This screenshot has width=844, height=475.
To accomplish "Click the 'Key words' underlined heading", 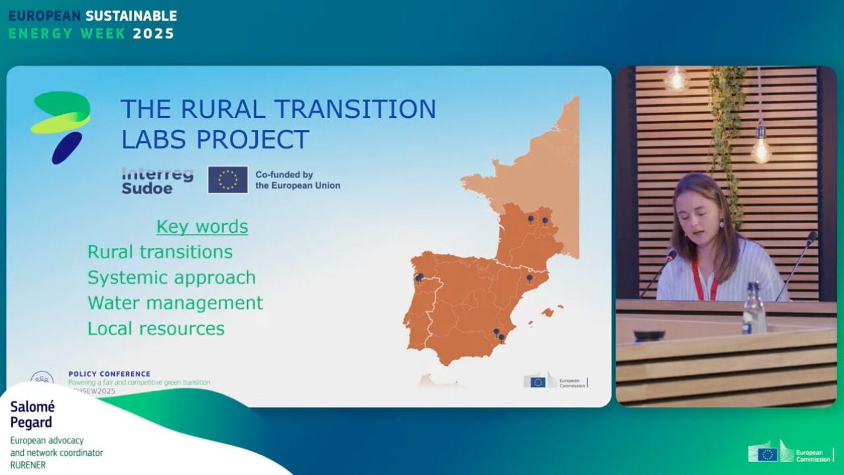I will [202, 226].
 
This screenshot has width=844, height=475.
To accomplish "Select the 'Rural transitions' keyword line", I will [160, 252].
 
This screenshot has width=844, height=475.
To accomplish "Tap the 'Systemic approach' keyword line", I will [171, 278].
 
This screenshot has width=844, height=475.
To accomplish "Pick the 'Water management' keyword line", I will [175, 303].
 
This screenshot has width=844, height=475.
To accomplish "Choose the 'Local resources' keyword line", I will [156, 329].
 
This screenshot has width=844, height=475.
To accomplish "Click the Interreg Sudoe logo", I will [158, 180].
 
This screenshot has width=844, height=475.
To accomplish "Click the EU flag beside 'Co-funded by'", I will [228, 179].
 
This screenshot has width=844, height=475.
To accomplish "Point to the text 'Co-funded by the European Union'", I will [297, 180].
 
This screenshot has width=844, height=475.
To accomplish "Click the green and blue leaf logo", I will [61, 126].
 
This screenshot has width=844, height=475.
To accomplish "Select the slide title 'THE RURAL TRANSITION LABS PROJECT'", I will [278, 123].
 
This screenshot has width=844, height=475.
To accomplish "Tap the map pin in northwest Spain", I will [419, 278].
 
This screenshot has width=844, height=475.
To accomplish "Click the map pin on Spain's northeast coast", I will [529, 279].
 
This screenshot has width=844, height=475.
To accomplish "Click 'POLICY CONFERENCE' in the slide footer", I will [109, 374].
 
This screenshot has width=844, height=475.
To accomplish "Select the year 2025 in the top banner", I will [154, 34].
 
